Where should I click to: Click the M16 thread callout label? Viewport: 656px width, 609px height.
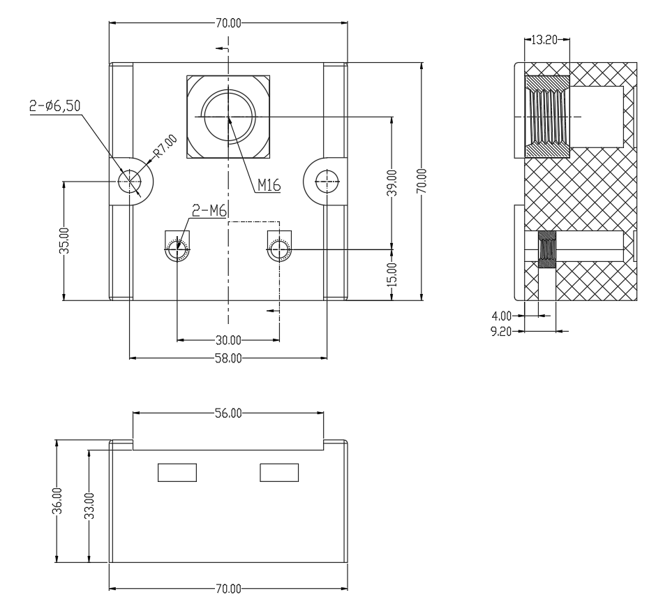269,184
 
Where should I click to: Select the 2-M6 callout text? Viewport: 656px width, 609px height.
209,211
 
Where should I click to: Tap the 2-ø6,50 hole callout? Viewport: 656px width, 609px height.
55,106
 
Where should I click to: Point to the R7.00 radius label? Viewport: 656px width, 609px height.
165,146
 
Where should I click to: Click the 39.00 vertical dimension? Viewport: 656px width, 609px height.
392,183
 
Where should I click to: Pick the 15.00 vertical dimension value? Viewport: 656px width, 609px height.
392,274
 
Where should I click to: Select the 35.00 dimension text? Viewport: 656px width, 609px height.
64,241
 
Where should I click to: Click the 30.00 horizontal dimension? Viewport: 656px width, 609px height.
228,340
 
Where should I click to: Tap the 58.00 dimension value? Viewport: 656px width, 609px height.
228,358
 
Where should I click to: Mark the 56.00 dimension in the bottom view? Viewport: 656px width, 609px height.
228,413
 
